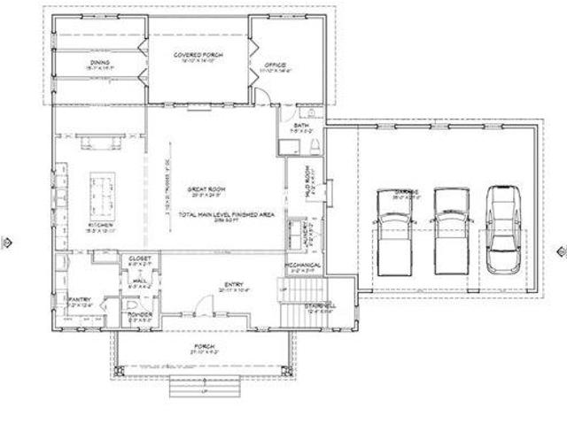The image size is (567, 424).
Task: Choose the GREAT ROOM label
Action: [x=203, y=189]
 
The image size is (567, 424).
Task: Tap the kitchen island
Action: [x=99, y=191]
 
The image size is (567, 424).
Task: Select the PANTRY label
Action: [x=81, y=301]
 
